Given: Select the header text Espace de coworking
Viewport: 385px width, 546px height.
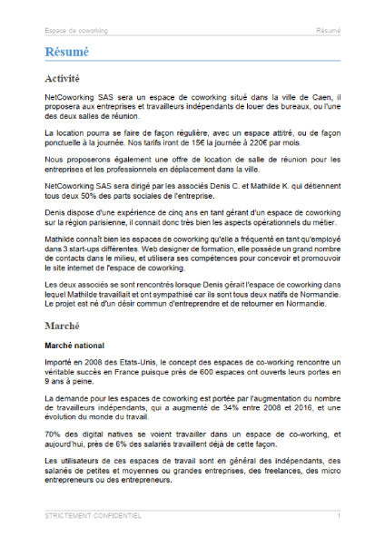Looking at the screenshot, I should pos(75,30).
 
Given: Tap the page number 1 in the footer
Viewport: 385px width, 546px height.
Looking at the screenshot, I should pos(338,515).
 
